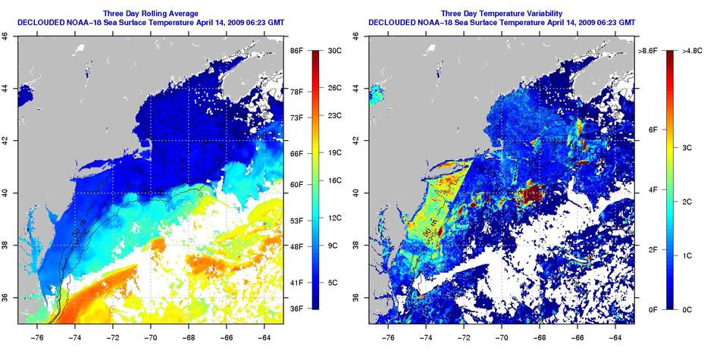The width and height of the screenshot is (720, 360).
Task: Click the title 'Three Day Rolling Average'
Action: pos(151,14)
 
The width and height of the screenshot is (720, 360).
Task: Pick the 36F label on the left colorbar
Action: pos(296,308)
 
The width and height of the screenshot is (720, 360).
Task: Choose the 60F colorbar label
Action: pos(296,184)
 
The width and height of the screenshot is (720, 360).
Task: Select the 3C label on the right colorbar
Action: pos(687,148)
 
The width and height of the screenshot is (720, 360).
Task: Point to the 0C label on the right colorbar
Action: pos(687,309)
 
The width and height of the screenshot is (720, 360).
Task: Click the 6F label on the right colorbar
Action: pos(653,130)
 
